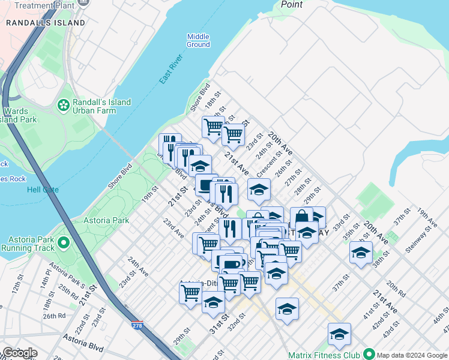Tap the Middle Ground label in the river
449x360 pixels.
coord(198,40)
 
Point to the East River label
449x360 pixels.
coord(170,70)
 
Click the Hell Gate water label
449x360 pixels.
coord(43,190)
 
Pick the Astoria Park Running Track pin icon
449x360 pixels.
coord(63,243)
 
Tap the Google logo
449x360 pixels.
coord(19,353)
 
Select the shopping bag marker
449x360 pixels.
coord(301,217)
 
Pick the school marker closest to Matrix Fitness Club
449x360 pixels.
coord(339,334)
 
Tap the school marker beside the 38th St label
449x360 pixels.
coord(361,251)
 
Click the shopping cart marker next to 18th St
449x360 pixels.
coord(213,126)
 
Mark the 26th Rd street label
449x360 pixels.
coord(53,315)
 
